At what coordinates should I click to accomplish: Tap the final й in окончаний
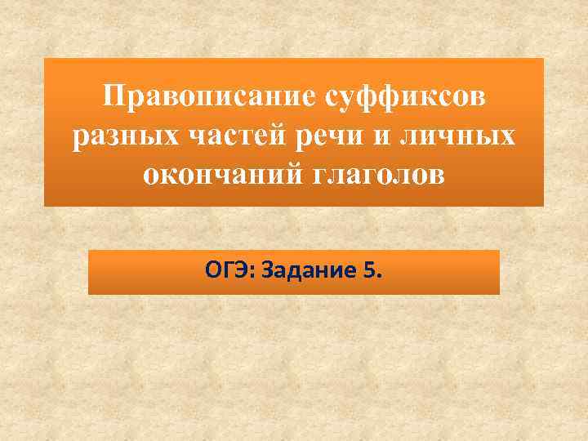click(298, 176)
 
